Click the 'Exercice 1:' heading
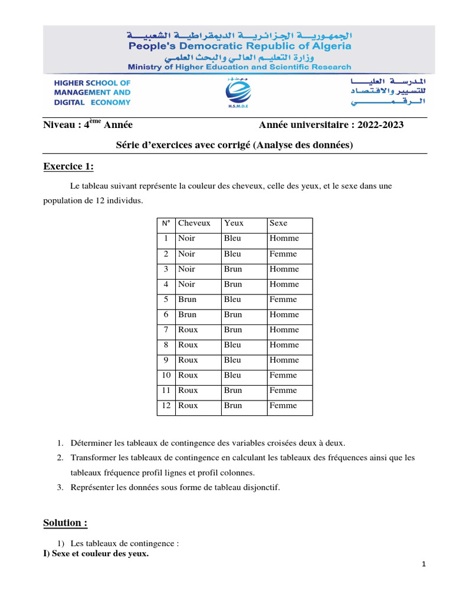click(x=68, y=166)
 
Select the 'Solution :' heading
click(x=65, y=523)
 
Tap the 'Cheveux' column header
click(x=194, y=223)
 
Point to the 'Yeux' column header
click(x=234, y=223)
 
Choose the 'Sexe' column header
click(x=278, y=223)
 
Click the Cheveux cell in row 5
click(x=188, y=299)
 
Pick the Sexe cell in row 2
click(x=283, y=254)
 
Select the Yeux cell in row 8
click(x=232, y=344)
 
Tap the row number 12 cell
click(x=166, y=405)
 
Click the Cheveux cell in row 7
click(x=188, y=330)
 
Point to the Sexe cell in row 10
click(x=283, y=375)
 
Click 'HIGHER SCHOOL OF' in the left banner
click(x=92, y=83)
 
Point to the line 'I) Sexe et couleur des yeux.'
click(x=96, y=553)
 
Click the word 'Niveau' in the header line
click(x=60, y=124)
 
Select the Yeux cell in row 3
click(x=233, y=269)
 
